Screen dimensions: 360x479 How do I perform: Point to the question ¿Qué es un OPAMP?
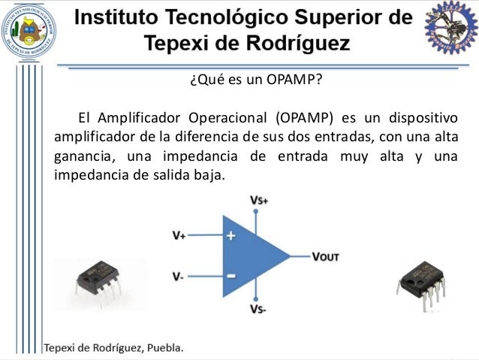click(239, 83)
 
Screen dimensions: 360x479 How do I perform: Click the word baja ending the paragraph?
click(209, 176)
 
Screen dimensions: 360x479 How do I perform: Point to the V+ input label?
click(178, 235)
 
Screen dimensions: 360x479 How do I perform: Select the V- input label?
click(177, 277)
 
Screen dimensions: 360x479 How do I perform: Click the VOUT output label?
click(325, 256)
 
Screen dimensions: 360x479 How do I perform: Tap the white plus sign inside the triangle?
click(230, 235)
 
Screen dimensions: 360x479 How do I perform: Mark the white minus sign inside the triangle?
click(230, 276)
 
